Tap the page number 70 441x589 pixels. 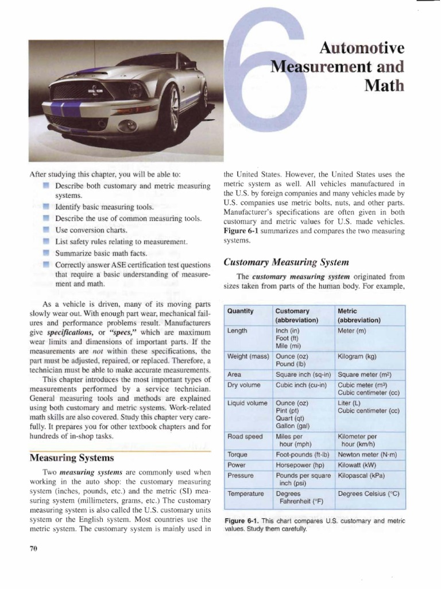tap(33, 548)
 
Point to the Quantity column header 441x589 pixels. tap(241, 311)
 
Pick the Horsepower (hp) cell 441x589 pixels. tap(300, 465)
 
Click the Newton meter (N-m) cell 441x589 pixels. tap(367, 454)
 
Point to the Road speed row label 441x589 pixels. tap(245, 436)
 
